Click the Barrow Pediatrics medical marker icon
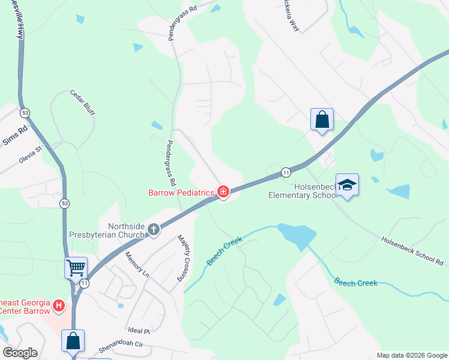click(x=223, y=193)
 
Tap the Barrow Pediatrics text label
click(x=182, y=193)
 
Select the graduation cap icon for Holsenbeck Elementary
click(x=347, y=184)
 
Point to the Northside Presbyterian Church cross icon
click(x=154, y=229)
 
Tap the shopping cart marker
click(x=76, y=267)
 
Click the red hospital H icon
click(x=59, y=306)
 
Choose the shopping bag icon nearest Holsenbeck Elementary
click(x=322, y=119)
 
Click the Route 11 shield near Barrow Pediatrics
click(x=286, y=172)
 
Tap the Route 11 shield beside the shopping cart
click(x=85, y=283)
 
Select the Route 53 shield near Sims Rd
click(x=25, y=112)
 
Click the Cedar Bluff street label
click(x=83, y=103)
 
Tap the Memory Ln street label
click(x=137, y=264)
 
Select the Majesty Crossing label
click(x=183, y=259)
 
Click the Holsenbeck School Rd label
click(x=413, y=250)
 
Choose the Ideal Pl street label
click(x=137, y=330)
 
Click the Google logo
click(x=20, y=353)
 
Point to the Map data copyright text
click(x=411, y=355)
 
